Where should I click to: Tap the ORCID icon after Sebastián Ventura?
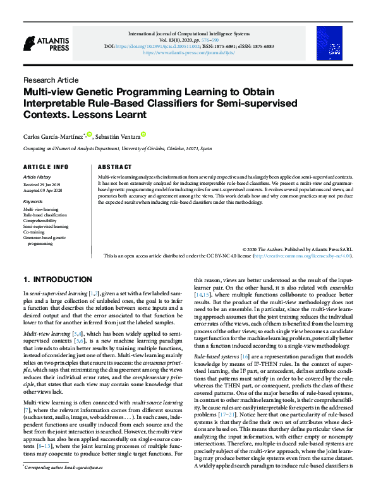143,134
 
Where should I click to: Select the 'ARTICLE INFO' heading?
45,167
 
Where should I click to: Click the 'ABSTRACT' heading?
115,167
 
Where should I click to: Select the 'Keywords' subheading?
34,202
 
